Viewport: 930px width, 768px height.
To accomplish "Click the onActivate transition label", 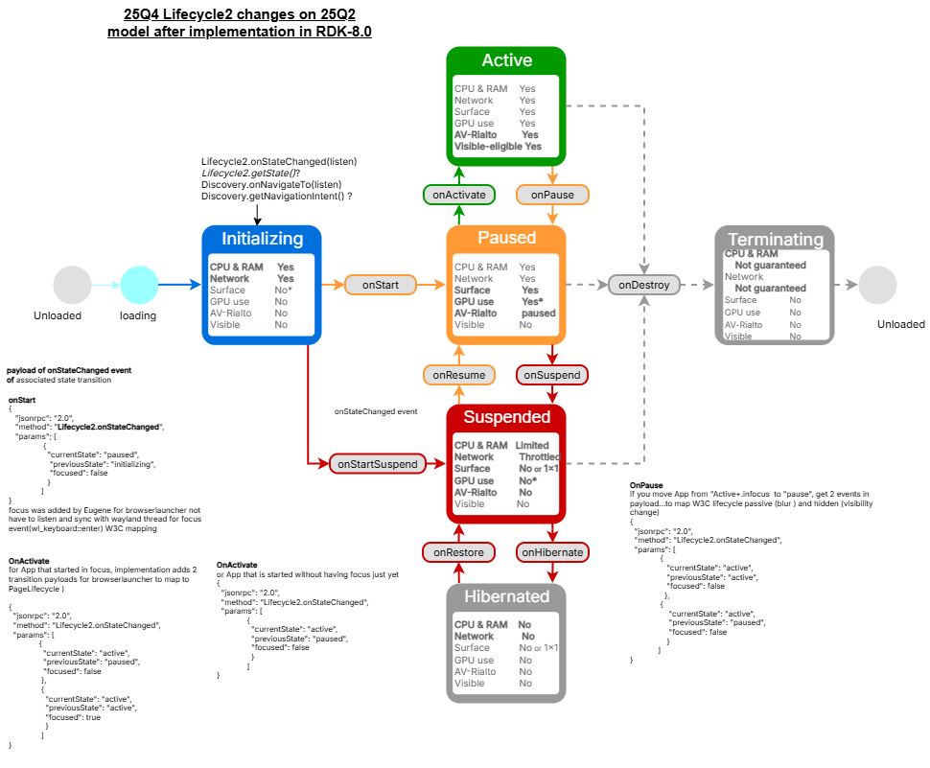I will (459, 195).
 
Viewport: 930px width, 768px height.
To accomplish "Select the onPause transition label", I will (552, 195).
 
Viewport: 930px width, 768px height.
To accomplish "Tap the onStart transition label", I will (382, 285).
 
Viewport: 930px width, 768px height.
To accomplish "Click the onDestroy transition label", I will (644, 285).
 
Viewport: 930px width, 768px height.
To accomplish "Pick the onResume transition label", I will (459, 375).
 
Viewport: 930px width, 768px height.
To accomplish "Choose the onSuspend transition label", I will (552, 375).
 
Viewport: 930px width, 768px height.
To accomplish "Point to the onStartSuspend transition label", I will (378, 464).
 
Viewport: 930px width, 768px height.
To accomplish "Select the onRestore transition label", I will (459, 552).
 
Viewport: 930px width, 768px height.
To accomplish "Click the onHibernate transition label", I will (552, 552).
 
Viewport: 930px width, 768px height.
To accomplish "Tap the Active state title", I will (506, 60).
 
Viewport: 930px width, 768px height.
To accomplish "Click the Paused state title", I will (506, 238).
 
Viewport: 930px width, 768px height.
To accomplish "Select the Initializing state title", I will (262, 239).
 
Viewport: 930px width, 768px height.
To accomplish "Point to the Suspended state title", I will (506, 417).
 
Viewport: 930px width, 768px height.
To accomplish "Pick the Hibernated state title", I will (506, 596).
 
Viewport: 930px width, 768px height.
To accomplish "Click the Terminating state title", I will (775, 240).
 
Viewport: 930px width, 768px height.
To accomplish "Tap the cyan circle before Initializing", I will (140, 286).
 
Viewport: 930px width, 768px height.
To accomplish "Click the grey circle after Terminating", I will (877, 286).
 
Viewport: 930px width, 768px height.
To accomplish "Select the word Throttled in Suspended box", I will (538, 457).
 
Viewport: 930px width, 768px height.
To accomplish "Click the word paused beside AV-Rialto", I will (538, 314).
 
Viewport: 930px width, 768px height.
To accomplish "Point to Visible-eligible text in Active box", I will (488, 147).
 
